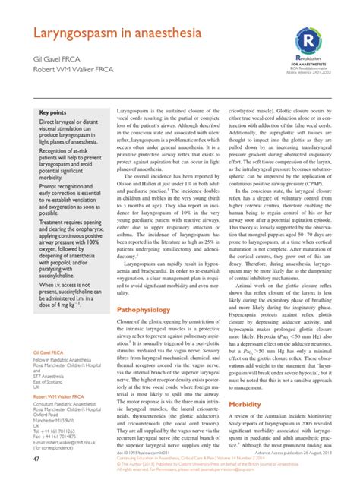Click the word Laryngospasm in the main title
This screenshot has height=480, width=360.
[72, 33]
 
